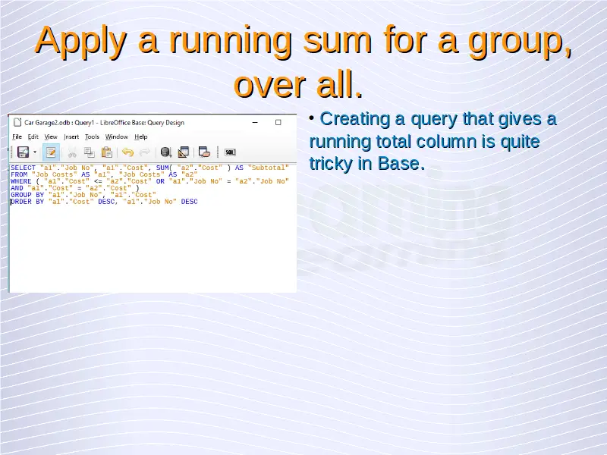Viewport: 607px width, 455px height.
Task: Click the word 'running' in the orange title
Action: click(231, 42)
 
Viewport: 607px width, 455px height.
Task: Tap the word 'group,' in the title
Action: click(520, 42)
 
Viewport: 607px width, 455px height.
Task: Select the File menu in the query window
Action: click(17, 136)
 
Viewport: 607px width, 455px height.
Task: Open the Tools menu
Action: click(92, 136)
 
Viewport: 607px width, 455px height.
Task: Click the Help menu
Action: click(141, 136)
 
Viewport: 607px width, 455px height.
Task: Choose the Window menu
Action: click(117, 136)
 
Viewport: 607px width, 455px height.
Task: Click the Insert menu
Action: click(71, 136)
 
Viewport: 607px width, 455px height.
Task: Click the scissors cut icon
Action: click(72, 152)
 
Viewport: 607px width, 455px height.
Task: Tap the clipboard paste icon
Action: click(107, 152)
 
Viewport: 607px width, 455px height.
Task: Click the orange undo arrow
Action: click(127, 152)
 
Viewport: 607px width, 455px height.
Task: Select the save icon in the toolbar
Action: click(23, 152)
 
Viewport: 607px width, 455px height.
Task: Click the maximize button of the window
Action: click(278, 122)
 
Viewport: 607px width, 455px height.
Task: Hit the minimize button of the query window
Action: click(255, 122)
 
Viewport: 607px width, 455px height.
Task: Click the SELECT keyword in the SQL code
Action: click(23, 168)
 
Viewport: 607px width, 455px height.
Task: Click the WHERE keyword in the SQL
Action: click(21, 181)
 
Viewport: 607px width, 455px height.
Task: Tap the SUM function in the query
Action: click(162, 168)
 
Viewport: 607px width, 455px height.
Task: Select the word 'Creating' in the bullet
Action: click(354, 119)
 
